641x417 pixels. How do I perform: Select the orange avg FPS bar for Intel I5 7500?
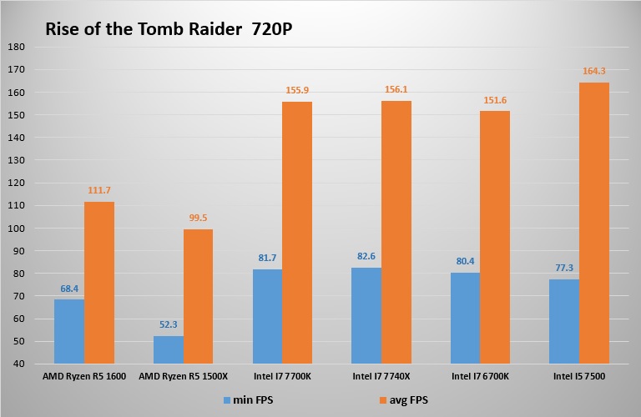coord(594,224)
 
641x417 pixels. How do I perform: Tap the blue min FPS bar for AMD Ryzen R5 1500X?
coord(169,349)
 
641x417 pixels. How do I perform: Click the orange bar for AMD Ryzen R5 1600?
coord(99,283)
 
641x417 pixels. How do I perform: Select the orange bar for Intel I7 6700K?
coord(495,237)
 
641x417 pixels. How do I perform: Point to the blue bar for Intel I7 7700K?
coord(267,316)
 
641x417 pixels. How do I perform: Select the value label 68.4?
coord(69,289)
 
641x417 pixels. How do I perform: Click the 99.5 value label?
coord(199,219)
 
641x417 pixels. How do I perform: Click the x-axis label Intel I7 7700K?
coord(282,377)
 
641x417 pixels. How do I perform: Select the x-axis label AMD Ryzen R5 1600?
coord(84,377)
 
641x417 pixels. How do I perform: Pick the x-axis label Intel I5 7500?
coord(579,377)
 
